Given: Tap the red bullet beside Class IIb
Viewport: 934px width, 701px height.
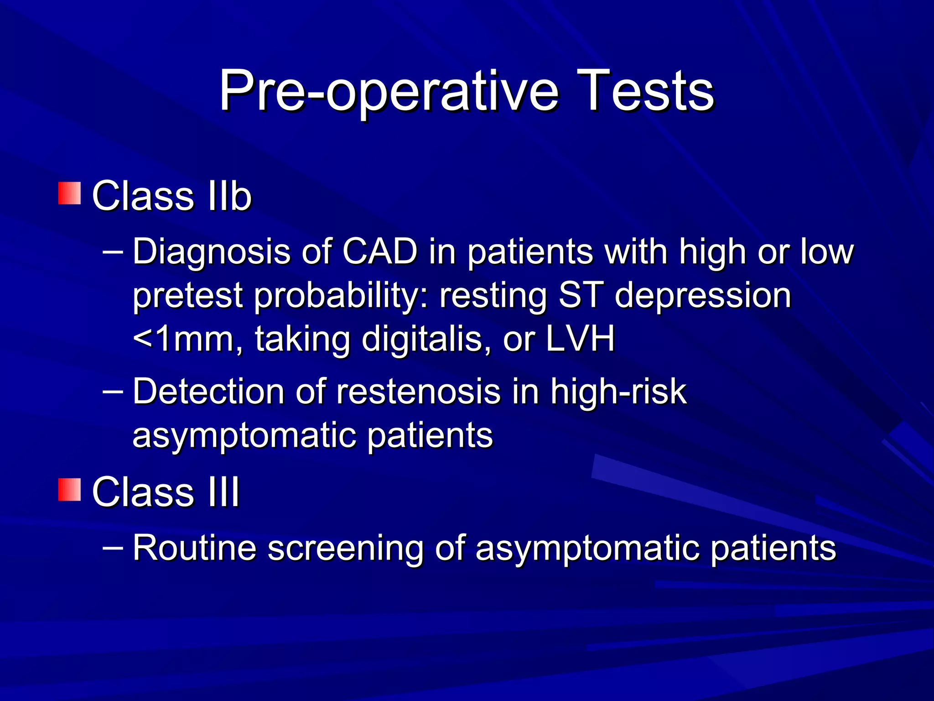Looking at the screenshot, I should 69,193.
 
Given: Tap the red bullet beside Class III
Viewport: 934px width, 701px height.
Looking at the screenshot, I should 69,490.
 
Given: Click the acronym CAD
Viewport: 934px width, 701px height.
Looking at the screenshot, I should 379,251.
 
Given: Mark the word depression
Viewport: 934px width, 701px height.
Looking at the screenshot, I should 702,296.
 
